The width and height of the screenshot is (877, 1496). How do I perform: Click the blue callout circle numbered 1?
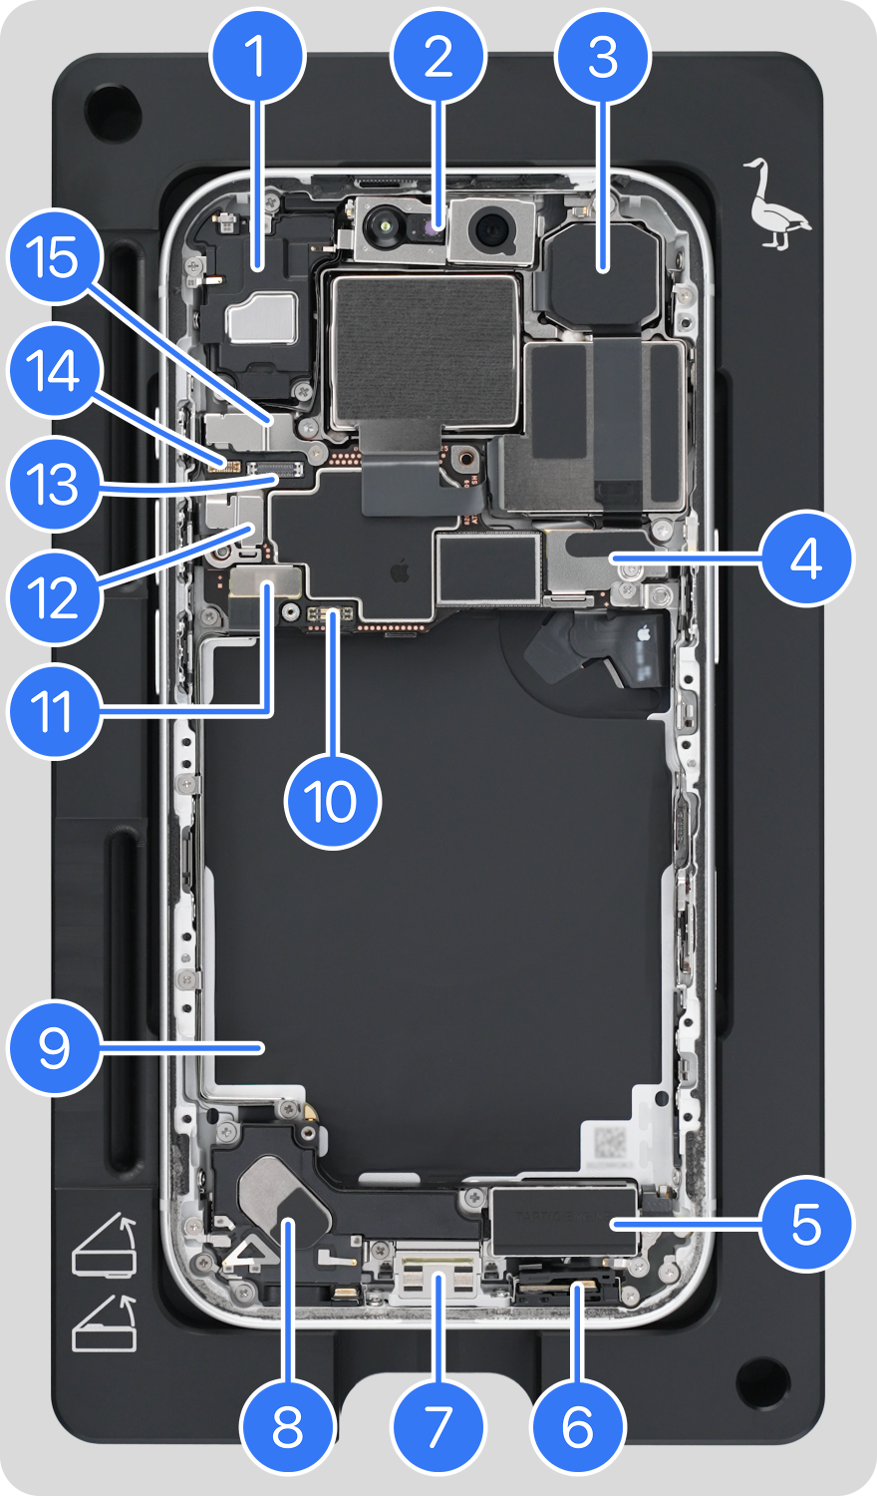tap(257, 57)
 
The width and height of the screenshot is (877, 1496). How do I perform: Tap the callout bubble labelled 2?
tap(438, 57)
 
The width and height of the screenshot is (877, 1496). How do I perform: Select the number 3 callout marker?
tap(603, 57)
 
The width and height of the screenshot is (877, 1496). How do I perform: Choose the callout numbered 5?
tap(806, 1224)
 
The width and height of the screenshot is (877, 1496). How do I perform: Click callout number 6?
tap(578, 1427)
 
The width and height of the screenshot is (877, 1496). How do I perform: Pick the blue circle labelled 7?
tap(438, 1427)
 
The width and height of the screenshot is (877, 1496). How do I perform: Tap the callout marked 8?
tap(287, 1427)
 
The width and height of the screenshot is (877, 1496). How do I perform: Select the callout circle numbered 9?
tap(55, 1047)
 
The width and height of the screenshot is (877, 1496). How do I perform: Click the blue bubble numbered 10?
tap(333, 801)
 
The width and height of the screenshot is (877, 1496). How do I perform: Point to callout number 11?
tap(55, 711)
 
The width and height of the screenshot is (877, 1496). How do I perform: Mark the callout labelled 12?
tap(55, 598)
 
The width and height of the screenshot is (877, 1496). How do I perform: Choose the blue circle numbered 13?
tap(55, 486)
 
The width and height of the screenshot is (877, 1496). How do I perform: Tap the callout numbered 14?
tap(55, 372)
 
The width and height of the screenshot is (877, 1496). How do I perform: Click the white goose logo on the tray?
tap(775, 204)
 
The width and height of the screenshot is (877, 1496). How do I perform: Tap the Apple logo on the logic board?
tap(400, 571)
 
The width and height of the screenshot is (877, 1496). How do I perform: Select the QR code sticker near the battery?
tap(611, 1143)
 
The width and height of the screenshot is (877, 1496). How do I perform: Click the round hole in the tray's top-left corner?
tap(106, 111)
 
